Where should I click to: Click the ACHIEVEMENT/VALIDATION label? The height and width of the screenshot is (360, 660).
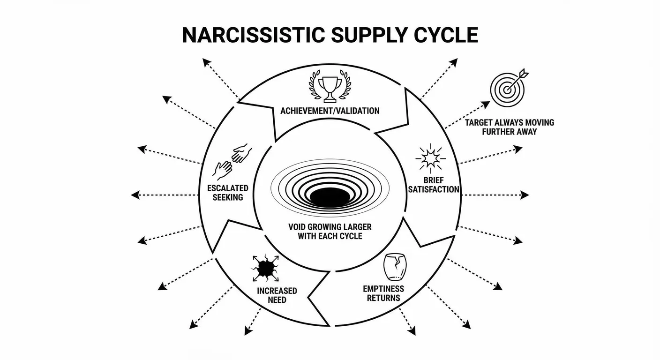(330, 111)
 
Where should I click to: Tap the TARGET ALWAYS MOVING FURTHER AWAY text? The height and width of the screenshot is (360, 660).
(510, 127)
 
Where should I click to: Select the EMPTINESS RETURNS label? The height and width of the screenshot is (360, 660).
(383, 293)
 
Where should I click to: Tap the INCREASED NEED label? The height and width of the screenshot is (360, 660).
(277, 295)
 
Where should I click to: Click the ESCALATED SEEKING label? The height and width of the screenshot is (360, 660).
(228, 193)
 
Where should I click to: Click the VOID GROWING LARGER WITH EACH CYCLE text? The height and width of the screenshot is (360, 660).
(330, 232)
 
